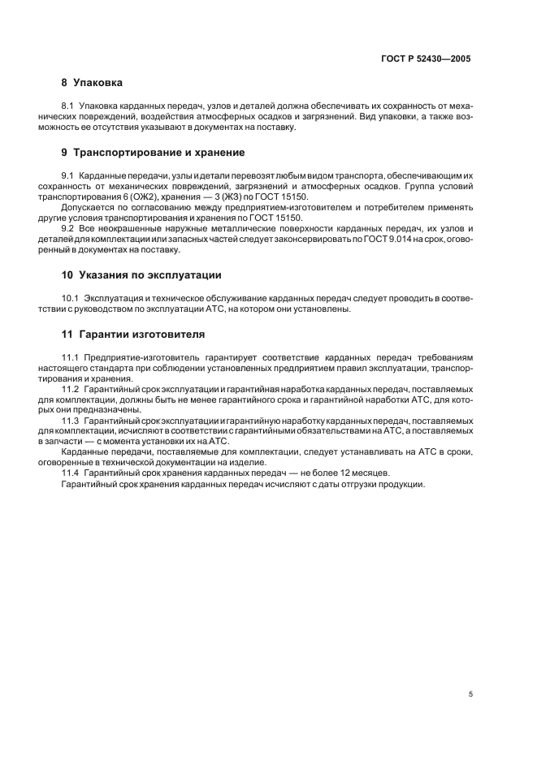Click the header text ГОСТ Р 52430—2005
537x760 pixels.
(427, 58)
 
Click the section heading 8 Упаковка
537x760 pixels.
(92, 82)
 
